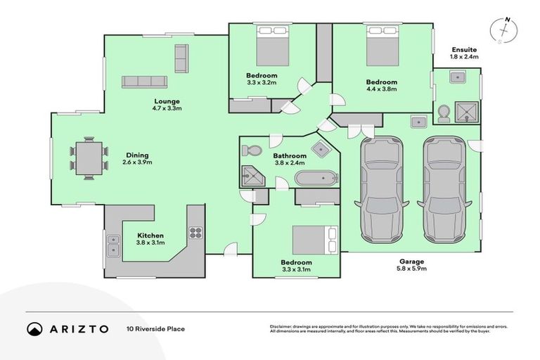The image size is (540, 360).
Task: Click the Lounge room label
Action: pos(167,101)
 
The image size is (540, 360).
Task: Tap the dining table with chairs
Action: pos(88,158)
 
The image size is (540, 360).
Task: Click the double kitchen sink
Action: pos(113,244)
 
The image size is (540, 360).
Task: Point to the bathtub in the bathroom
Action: pos(316,177)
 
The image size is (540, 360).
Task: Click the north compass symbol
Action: pos(503,31)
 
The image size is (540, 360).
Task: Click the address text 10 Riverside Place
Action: pos(155,328)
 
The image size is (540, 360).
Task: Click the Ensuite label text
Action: pos(463,50)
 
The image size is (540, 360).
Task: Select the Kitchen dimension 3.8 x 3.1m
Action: pos(150,243)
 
